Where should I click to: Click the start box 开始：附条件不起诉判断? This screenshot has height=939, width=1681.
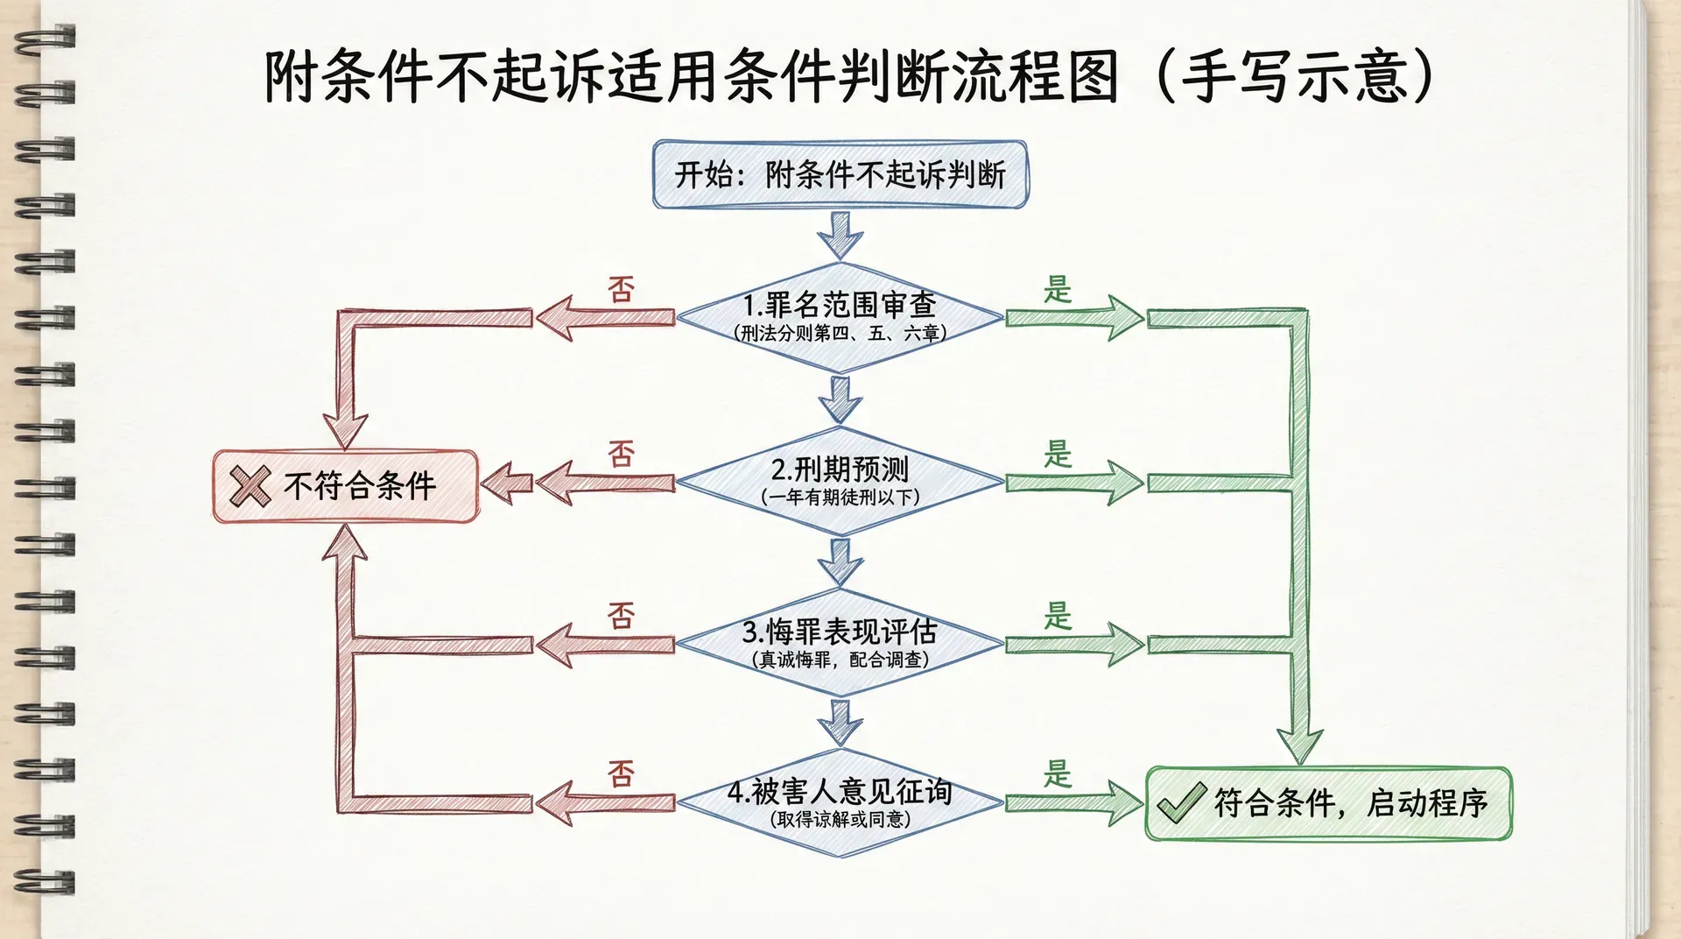point(840,174)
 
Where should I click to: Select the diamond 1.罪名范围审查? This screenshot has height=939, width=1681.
point(840,316)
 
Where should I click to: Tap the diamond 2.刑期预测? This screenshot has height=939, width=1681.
point(840,481)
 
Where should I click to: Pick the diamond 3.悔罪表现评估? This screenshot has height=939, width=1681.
point(840,643)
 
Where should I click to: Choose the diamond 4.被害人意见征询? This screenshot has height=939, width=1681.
point(840,802)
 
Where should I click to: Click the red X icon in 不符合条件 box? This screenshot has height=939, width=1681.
point(250,486)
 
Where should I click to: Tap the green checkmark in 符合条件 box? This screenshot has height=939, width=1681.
point(1181,802)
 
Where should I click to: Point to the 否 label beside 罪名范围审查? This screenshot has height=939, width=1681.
point(621,289)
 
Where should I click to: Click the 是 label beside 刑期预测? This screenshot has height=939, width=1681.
point(1058,454)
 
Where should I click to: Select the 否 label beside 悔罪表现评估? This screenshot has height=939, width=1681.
point(621,616)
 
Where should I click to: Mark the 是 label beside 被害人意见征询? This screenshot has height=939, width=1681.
point(1058,773)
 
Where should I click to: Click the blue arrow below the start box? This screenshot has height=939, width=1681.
point(840,234)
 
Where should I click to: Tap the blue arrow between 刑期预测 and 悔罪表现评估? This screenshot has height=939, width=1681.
point(840,561)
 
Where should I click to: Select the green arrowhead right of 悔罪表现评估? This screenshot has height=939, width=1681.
point(1123,645)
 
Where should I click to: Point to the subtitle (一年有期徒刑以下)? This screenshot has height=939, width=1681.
point(840,498)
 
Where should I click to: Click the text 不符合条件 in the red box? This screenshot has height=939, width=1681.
point(360,486)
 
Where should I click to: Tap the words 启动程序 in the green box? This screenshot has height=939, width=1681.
point(1427,802)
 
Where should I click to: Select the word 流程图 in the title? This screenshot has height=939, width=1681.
point(1034,77)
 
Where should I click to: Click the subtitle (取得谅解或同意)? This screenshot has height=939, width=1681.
point(840,820)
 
